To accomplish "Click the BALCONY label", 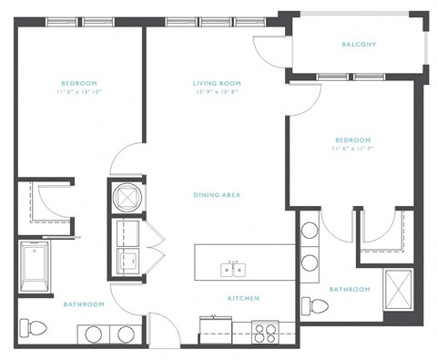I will (359, 44).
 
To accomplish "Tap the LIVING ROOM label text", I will (216, 83).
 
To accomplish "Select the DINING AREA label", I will (217, 195).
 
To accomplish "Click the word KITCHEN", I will (243, 298).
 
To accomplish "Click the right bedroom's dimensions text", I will (352, 149).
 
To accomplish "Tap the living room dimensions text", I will (216, 93).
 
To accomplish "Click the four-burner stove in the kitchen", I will (265, 332).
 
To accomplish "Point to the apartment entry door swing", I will (162, 326).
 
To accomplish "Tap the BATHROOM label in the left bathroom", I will (85, 303).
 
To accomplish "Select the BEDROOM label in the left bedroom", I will (80, 83).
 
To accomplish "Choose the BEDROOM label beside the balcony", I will (352, 139).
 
